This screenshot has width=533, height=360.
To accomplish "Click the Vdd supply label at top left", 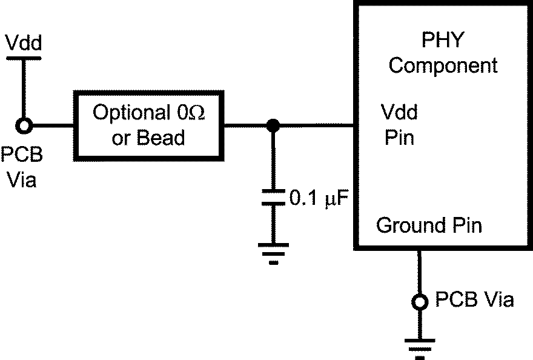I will (x=23, y=43).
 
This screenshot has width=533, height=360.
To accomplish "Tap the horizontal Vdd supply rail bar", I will (x=23, y=58).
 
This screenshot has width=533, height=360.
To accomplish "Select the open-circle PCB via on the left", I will (x=24, y=126).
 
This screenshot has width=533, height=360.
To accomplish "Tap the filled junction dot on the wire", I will (x=273, y=126).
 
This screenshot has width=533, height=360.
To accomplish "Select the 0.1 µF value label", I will (x=319, y=198).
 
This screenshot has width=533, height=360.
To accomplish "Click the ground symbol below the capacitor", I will (x=273, y=252).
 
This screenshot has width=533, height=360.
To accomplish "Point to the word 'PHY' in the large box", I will (x=443, y=41).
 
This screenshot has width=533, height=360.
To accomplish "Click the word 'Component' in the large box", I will (x=443, y=65).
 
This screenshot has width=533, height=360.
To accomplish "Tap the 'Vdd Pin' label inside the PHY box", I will (x=399, y=125).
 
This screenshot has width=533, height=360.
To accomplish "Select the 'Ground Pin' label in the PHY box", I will (x=429, y=225).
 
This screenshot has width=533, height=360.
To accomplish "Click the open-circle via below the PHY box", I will (x=419, y=301).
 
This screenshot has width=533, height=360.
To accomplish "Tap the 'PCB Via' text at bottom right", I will (x=475, y=300).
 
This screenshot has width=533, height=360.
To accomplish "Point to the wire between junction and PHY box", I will (x=315, y=126).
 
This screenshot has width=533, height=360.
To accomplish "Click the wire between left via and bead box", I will (x=51, y=126).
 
